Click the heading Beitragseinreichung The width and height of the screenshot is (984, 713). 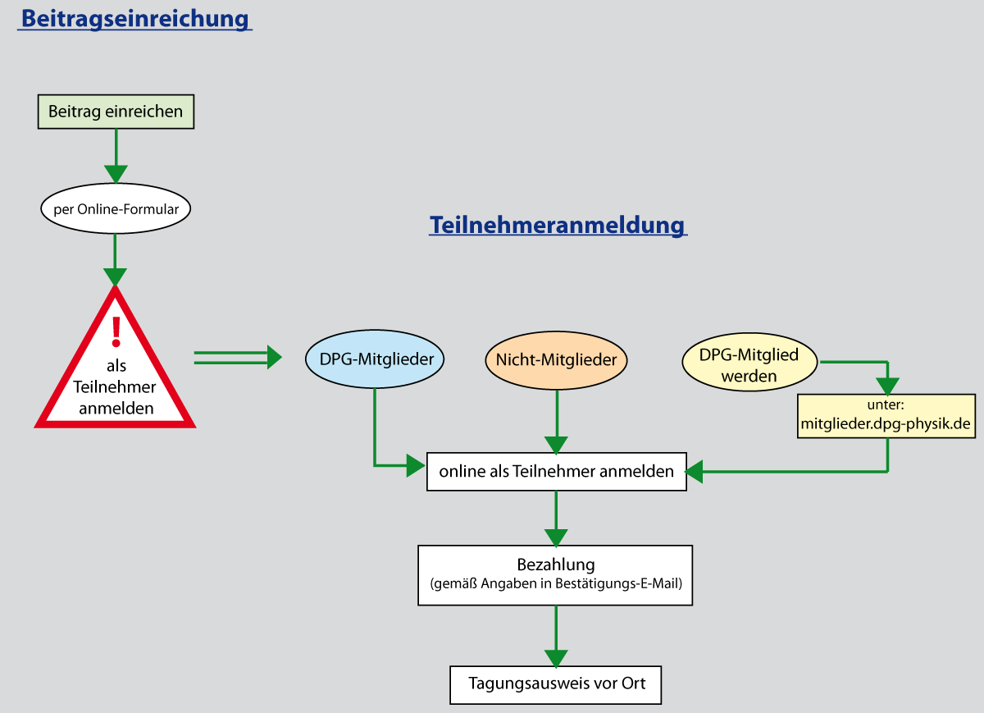[x=134, y=18]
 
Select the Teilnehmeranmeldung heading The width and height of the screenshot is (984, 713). [x=557, y=225]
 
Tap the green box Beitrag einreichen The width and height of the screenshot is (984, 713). [x=116, y=112]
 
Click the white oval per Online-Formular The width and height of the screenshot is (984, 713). [x=116, y=209]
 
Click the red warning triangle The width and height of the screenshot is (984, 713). [x=116, y=386]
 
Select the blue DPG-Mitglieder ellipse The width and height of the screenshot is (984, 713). [x=376, y=359]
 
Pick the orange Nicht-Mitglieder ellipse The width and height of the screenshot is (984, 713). [x=557, y=359]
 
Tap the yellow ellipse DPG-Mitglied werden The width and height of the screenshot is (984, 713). [x=749, y=365]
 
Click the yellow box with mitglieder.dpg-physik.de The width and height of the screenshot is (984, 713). [x=886, y=415]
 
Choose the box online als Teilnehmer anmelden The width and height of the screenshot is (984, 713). [x=556, y=471]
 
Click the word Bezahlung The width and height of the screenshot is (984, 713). [x=555, y=564]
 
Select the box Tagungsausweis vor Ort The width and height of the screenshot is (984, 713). [x=556, y=683]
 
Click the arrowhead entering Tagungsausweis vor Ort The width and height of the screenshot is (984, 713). [x=556, y=658]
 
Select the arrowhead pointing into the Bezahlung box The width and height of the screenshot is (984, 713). [x=556, y=537]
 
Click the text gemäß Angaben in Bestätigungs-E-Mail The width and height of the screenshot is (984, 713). [x=555, y=585]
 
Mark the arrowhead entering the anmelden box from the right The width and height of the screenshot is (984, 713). [x=695, y=471]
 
